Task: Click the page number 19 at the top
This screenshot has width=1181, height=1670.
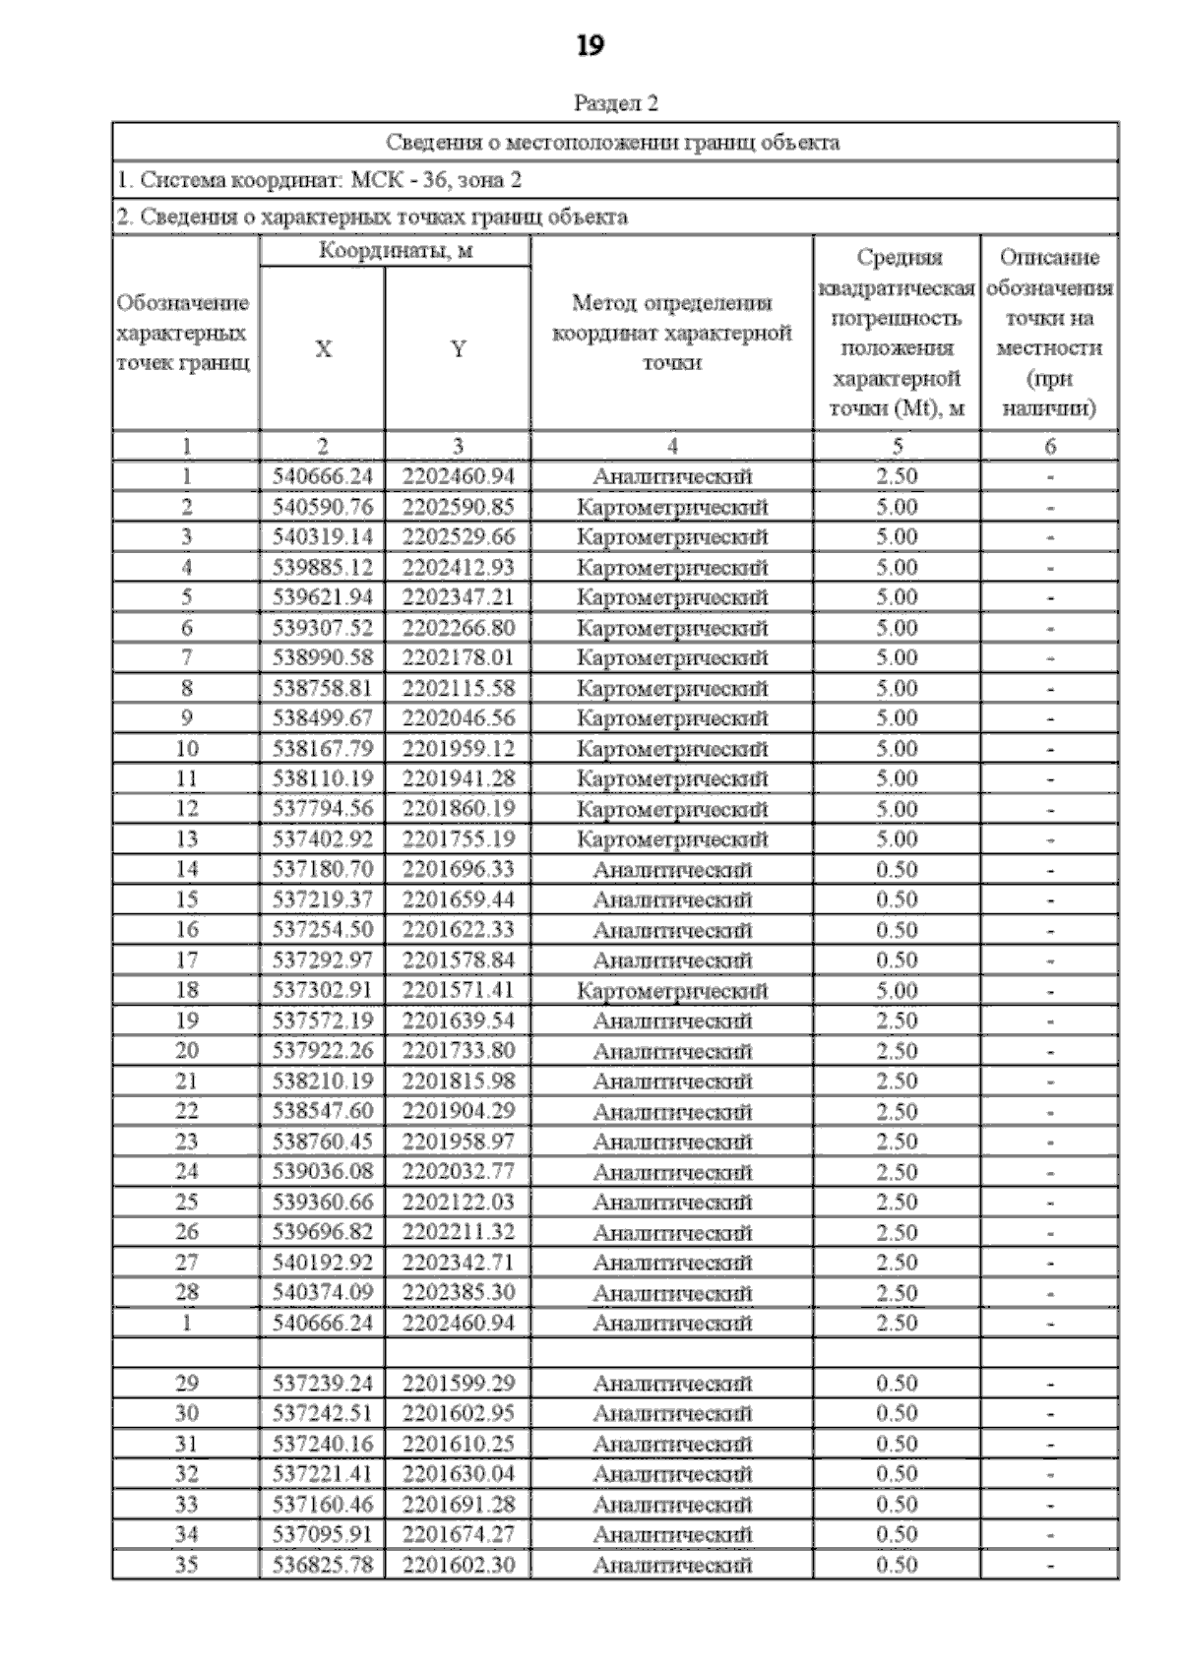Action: (590, 46)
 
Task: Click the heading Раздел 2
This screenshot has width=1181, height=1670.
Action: (615, 103)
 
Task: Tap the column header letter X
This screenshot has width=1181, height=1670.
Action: (323, 349)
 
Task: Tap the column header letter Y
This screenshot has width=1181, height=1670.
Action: (458, 349)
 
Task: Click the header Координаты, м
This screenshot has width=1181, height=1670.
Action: (396, 251)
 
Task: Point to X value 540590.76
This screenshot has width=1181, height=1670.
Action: (323, 507)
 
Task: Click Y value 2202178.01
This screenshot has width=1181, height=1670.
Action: (459, 657)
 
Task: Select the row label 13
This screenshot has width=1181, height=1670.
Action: (186, 838)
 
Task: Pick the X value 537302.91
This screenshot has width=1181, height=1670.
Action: (323, 990)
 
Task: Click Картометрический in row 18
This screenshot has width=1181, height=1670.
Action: (672, 990)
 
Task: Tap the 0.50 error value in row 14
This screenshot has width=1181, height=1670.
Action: (897, 869)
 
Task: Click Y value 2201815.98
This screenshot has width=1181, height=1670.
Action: (459, 1081)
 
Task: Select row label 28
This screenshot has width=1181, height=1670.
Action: (186, 1292)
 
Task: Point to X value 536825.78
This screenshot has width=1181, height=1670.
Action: (323, 1564)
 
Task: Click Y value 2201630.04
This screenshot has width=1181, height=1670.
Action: (459, 1473)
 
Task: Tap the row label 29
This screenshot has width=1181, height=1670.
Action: (186, 1383)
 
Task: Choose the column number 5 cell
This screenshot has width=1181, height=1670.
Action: (897, 446)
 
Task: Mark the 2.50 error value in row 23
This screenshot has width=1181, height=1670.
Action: (897, 1142)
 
